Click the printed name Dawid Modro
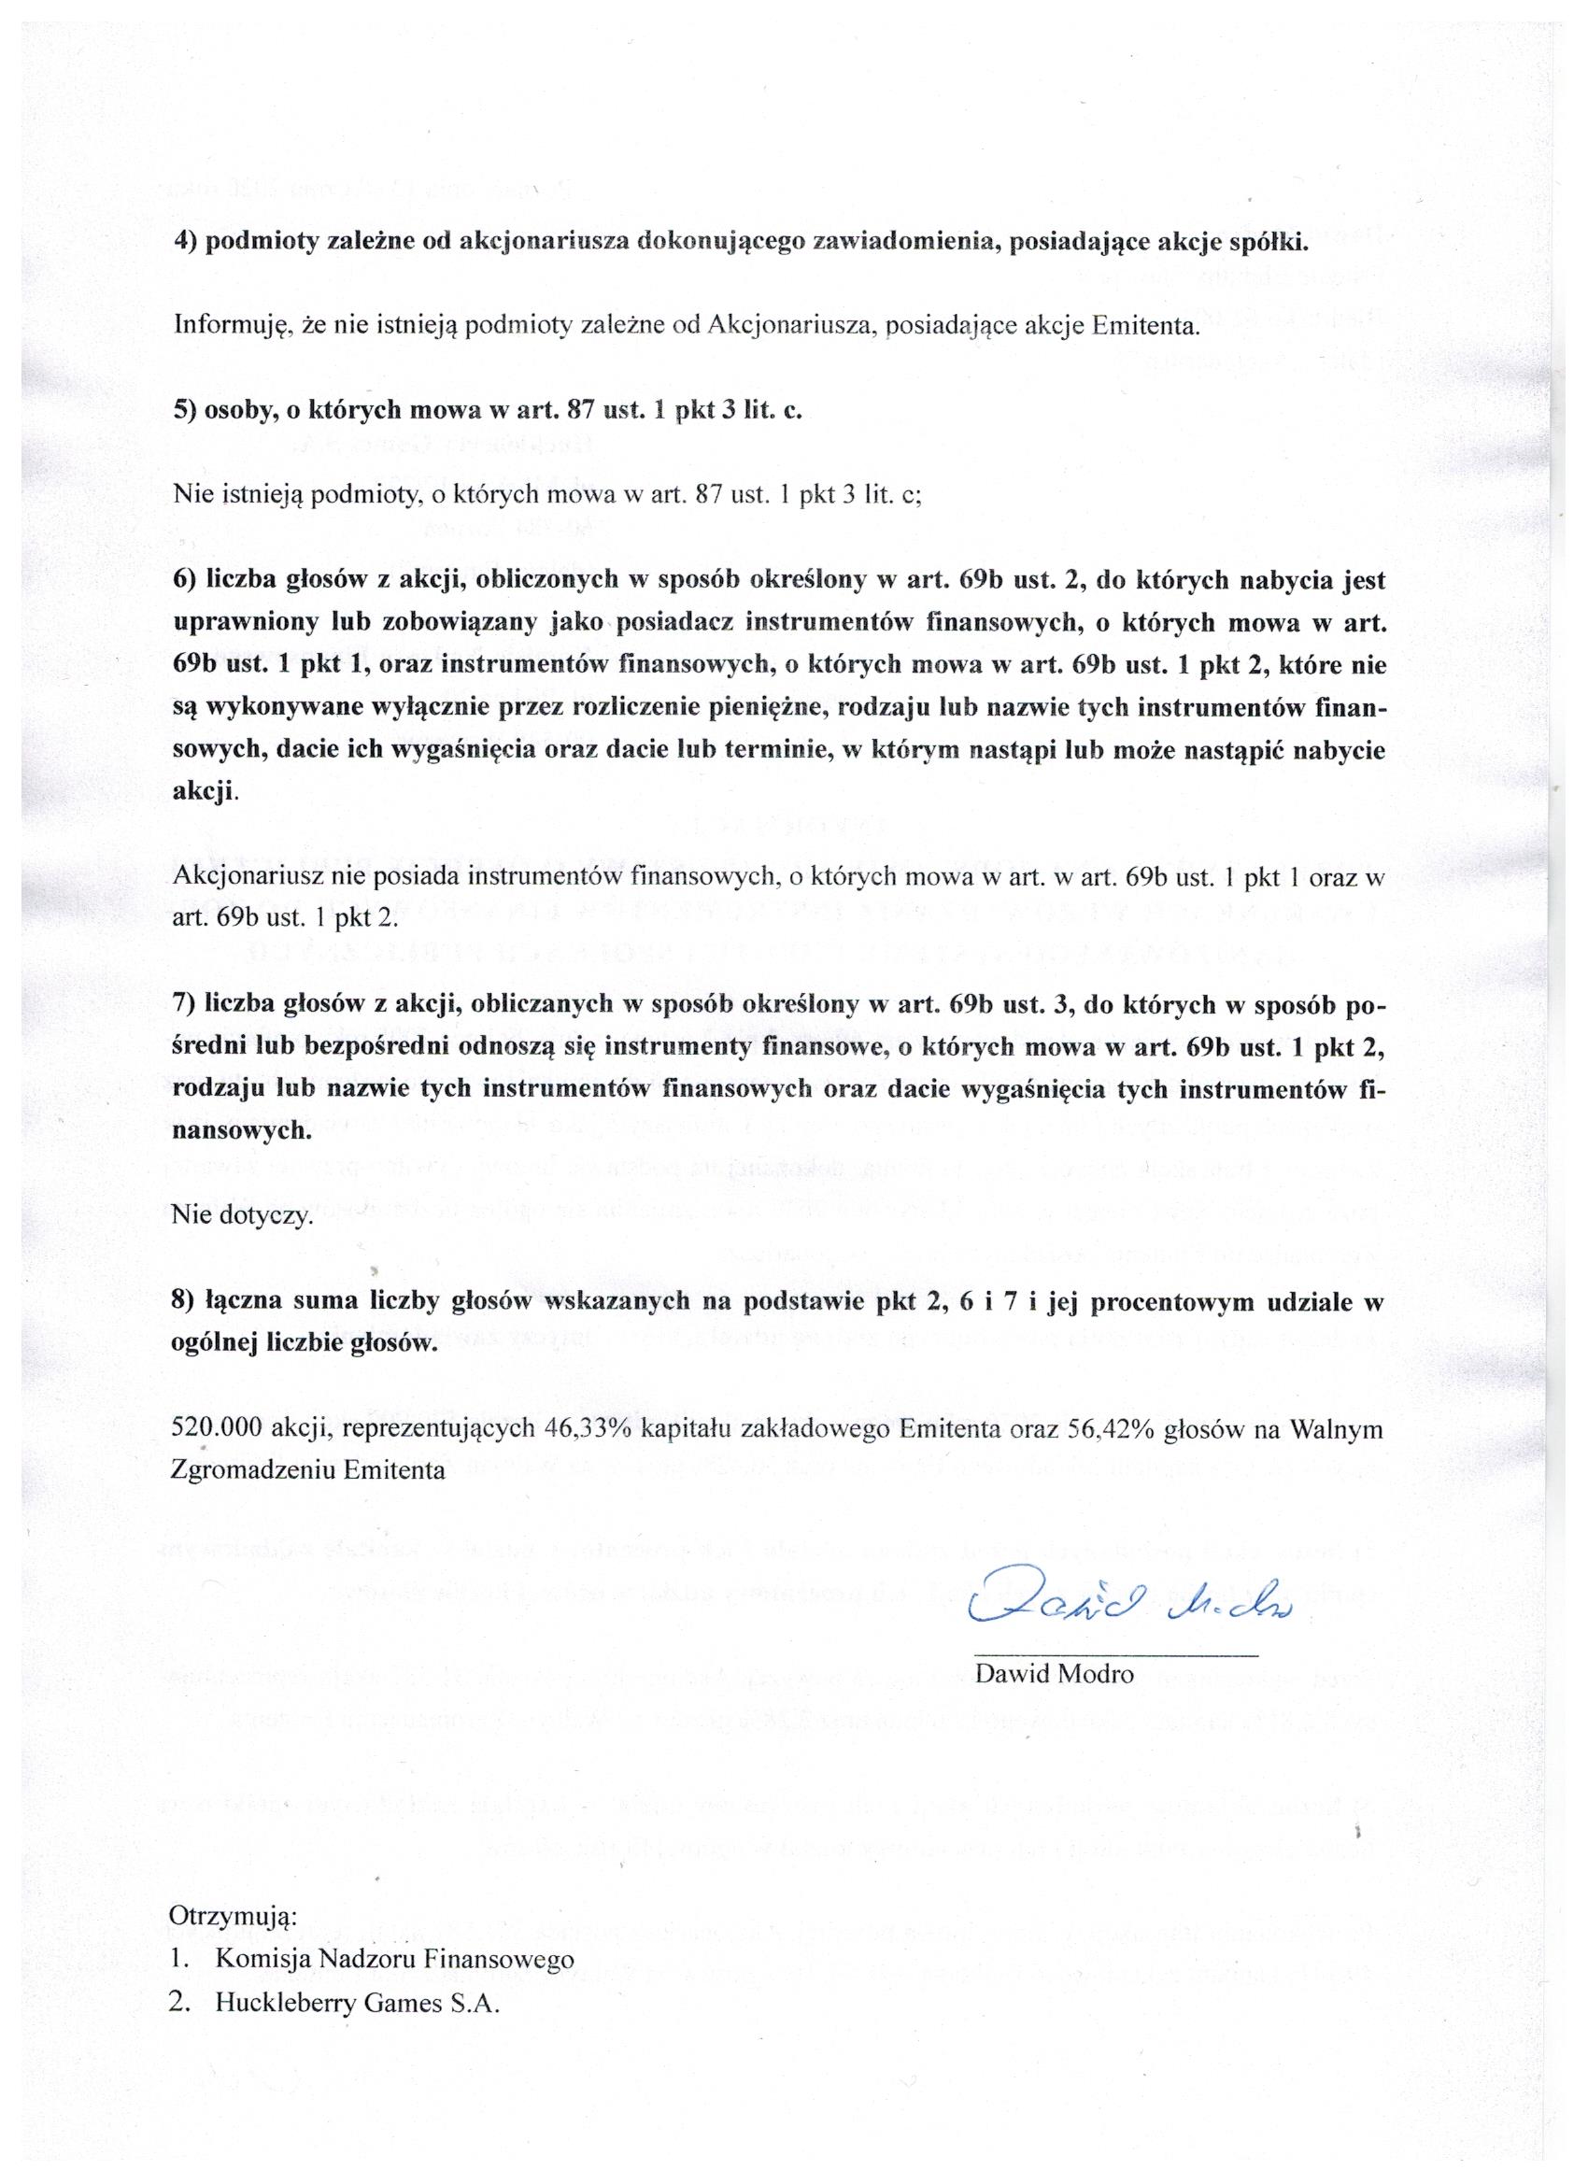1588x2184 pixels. pyautogui.click(x=1055, y=1674)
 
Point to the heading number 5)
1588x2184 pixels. pyautogui.click(x=186, y=409)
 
